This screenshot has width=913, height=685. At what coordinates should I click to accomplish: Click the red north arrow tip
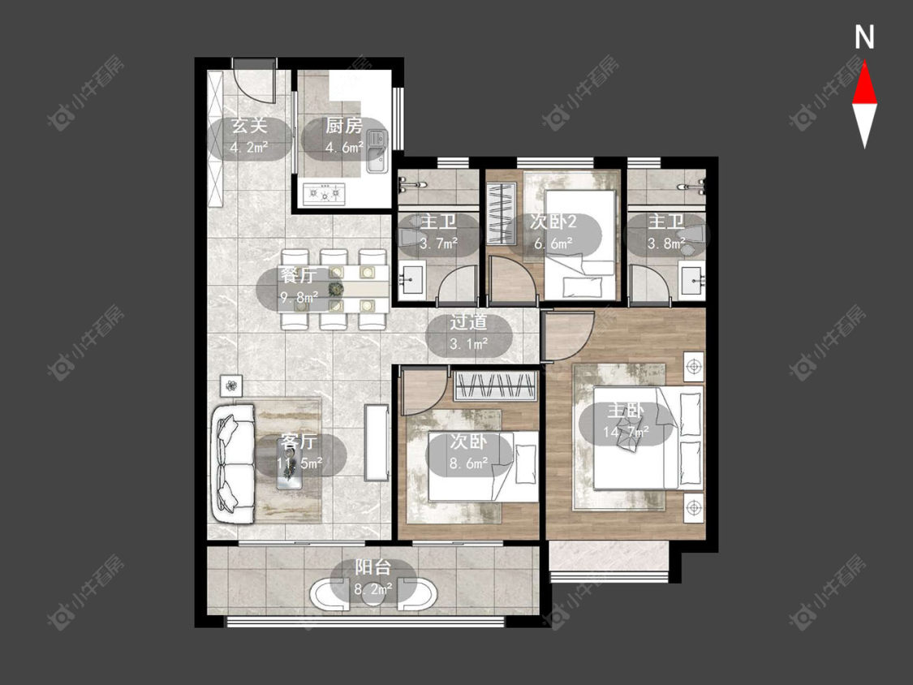coord(864,62)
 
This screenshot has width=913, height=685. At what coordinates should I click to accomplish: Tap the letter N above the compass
coord(864,37)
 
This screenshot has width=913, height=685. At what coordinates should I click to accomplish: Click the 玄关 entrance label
coord(249,125)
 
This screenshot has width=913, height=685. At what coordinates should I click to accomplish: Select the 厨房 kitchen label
coord(344,125)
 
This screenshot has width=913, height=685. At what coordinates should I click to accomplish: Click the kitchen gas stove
coord(325,193)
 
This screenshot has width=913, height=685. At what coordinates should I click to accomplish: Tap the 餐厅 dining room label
coord(298,275)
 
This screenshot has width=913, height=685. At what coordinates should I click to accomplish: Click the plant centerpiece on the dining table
coord(334,288)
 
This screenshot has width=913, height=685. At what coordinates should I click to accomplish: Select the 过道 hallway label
coord(469,322)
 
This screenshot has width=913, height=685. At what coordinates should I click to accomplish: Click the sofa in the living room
coord(233,463)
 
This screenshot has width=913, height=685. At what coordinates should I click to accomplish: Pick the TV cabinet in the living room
coord(377,442)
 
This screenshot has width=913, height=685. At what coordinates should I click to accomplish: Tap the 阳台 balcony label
coord(373,567)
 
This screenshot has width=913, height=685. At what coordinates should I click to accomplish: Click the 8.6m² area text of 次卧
coord(469,464)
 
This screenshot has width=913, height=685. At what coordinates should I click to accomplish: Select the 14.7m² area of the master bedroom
coord(626,433)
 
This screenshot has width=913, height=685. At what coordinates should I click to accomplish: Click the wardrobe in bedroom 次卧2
coord(502,213)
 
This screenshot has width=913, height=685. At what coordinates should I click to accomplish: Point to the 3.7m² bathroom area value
coord(438,243)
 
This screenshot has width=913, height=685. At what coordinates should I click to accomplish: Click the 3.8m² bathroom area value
coord(666,243)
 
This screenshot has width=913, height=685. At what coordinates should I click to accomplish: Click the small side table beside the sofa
coord(232,386)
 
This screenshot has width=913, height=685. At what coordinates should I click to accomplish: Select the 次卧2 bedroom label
coord(553,222)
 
